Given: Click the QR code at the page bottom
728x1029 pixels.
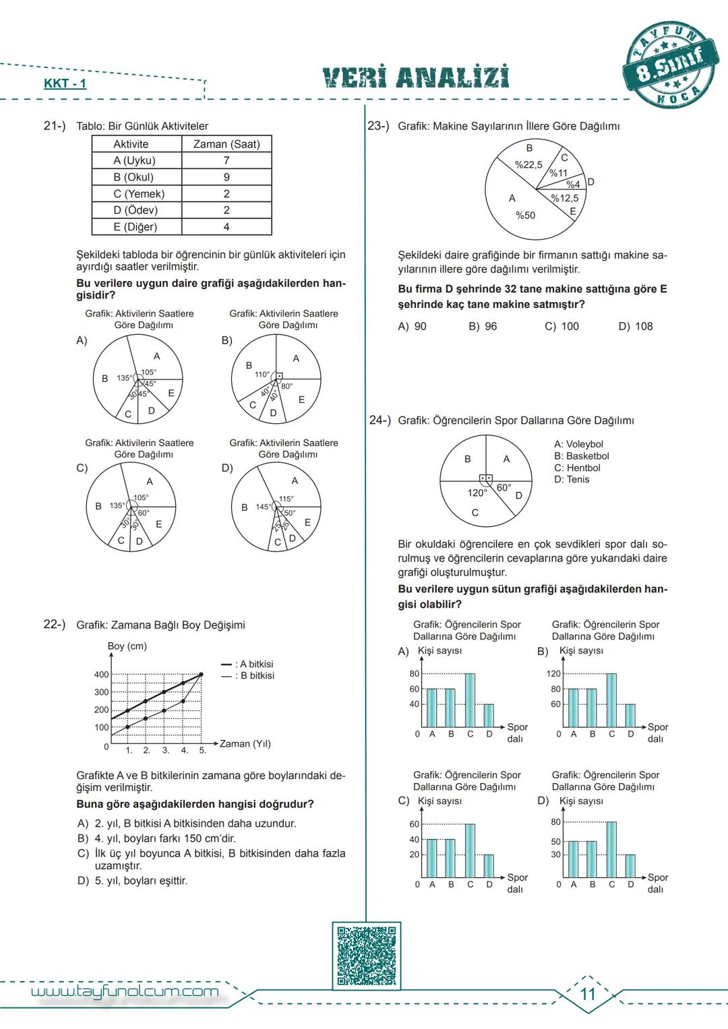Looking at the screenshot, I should coord(367,956).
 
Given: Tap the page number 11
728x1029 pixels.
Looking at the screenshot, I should coord(588,994).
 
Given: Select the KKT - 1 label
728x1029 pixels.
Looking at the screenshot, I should coord(65,84).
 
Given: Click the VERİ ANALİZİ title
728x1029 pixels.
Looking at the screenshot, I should coord(416,78).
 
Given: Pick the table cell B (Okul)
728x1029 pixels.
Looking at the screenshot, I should coord(133,177).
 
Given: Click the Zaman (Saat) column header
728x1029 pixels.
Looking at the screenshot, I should coord(226,144).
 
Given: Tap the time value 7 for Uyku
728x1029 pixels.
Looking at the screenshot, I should coord(226,160).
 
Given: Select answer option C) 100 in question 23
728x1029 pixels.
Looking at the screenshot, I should coord(562,326).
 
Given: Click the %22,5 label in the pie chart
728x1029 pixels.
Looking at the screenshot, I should coord(528,164).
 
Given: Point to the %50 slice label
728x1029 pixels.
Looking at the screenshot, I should coord(525,216).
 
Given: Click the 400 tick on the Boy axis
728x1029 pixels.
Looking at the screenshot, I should coord(101,675).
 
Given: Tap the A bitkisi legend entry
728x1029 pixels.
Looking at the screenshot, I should coord(248,664).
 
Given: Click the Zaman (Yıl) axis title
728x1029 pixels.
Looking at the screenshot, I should coord(245,743).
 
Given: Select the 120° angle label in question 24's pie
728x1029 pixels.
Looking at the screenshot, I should coord(477,493).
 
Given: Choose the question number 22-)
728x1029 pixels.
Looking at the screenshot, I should coord(55,624).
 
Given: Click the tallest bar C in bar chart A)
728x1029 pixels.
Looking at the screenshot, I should coord(470,699).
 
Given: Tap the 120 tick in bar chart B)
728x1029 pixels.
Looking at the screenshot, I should coord(553,674).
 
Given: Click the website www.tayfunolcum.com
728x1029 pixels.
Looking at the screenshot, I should coord(125,991).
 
